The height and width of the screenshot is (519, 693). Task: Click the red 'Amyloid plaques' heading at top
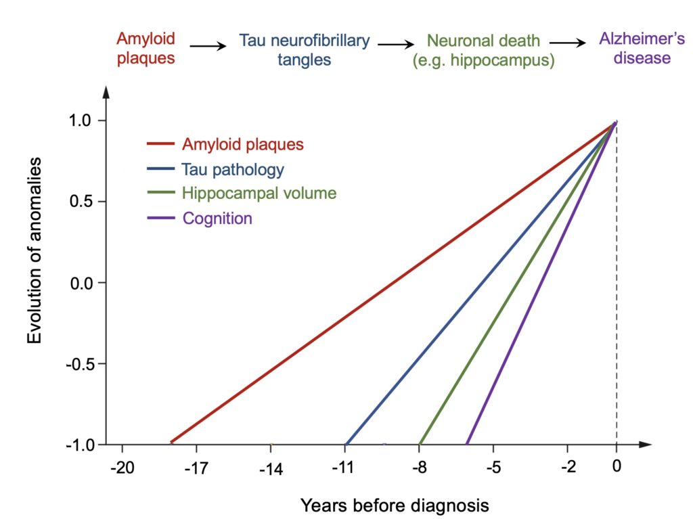click(x=146, y=49)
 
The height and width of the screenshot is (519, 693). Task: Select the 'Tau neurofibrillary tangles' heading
click(x=305, y=50)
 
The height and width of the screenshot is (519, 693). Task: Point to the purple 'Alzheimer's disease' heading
click(x=635, y=49)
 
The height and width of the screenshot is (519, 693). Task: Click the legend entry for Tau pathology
click(x=233, y=169)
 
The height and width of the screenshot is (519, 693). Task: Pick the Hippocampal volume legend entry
click(x=259, y=194)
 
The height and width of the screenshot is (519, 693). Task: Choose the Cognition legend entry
click(x=217, y=219)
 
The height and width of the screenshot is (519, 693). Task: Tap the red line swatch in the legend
click(x=161, y=144)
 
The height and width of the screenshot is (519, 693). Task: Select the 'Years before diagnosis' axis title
click(x=394, y=505)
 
